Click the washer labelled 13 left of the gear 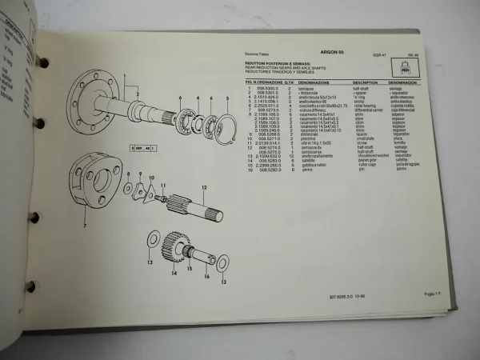tap(152, 240)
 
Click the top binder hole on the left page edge tap(44, 62)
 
